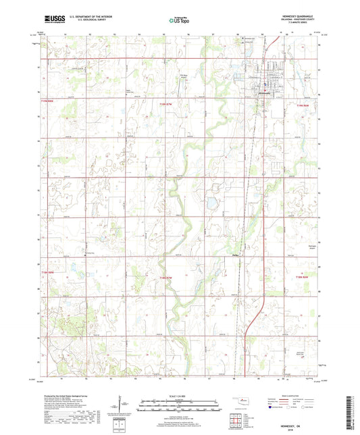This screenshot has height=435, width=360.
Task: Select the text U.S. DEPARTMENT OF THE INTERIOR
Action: point(84,18)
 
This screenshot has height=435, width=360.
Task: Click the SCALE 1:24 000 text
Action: point(179,396)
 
